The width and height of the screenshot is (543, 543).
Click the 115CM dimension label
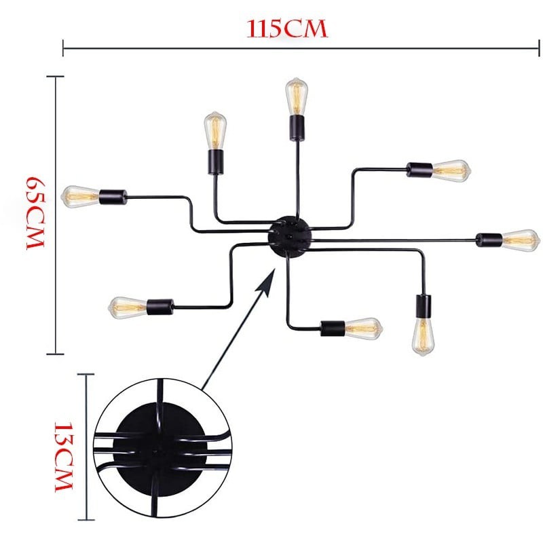pos(286,29)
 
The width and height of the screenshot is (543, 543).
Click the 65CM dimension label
pos(36,213)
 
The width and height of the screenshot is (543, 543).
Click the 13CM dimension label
pos(64,456)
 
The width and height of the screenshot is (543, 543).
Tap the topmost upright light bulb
pos(297,96)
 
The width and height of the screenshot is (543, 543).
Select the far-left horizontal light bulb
pos(81,196)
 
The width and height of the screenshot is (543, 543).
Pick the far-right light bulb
pos(521,240)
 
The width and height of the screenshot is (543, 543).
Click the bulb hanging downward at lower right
pos(423,337)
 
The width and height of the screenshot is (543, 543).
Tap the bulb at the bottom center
pos(364,329)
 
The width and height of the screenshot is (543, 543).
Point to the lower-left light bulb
pos(128,307)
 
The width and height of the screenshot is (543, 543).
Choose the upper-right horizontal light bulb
pos(451,171)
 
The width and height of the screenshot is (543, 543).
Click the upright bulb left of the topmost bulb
pos(215,130)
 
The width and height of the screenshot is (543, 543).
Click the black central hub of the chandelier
pos(291,236)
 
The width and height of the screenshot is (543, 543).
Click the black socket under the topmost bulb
pos(297,128)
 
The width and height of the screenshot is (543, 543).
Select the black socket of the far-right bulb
pos(489,240)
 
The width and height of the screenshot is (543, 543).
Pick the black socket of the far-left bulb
pos(113,197)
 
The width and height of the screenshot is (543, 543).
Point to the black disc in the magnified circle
pos(160,449)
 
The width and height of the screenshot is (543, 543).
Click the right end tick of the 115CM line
pos(539,48)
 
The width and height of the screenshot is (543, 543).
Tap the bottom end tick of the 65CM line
pos(56,354)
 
